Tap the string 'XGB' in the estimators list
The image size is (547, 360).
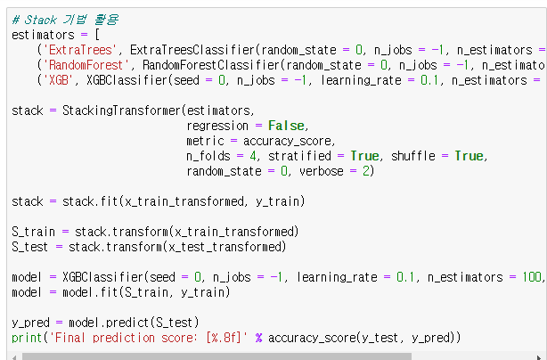tap(59, 80)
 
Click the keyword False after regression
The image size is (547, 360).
tap(286, 126)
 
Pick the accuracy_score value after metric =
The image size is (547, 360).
tap(289, 141)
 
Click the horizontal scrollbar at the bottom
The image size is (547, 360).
tap(267, 356)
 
